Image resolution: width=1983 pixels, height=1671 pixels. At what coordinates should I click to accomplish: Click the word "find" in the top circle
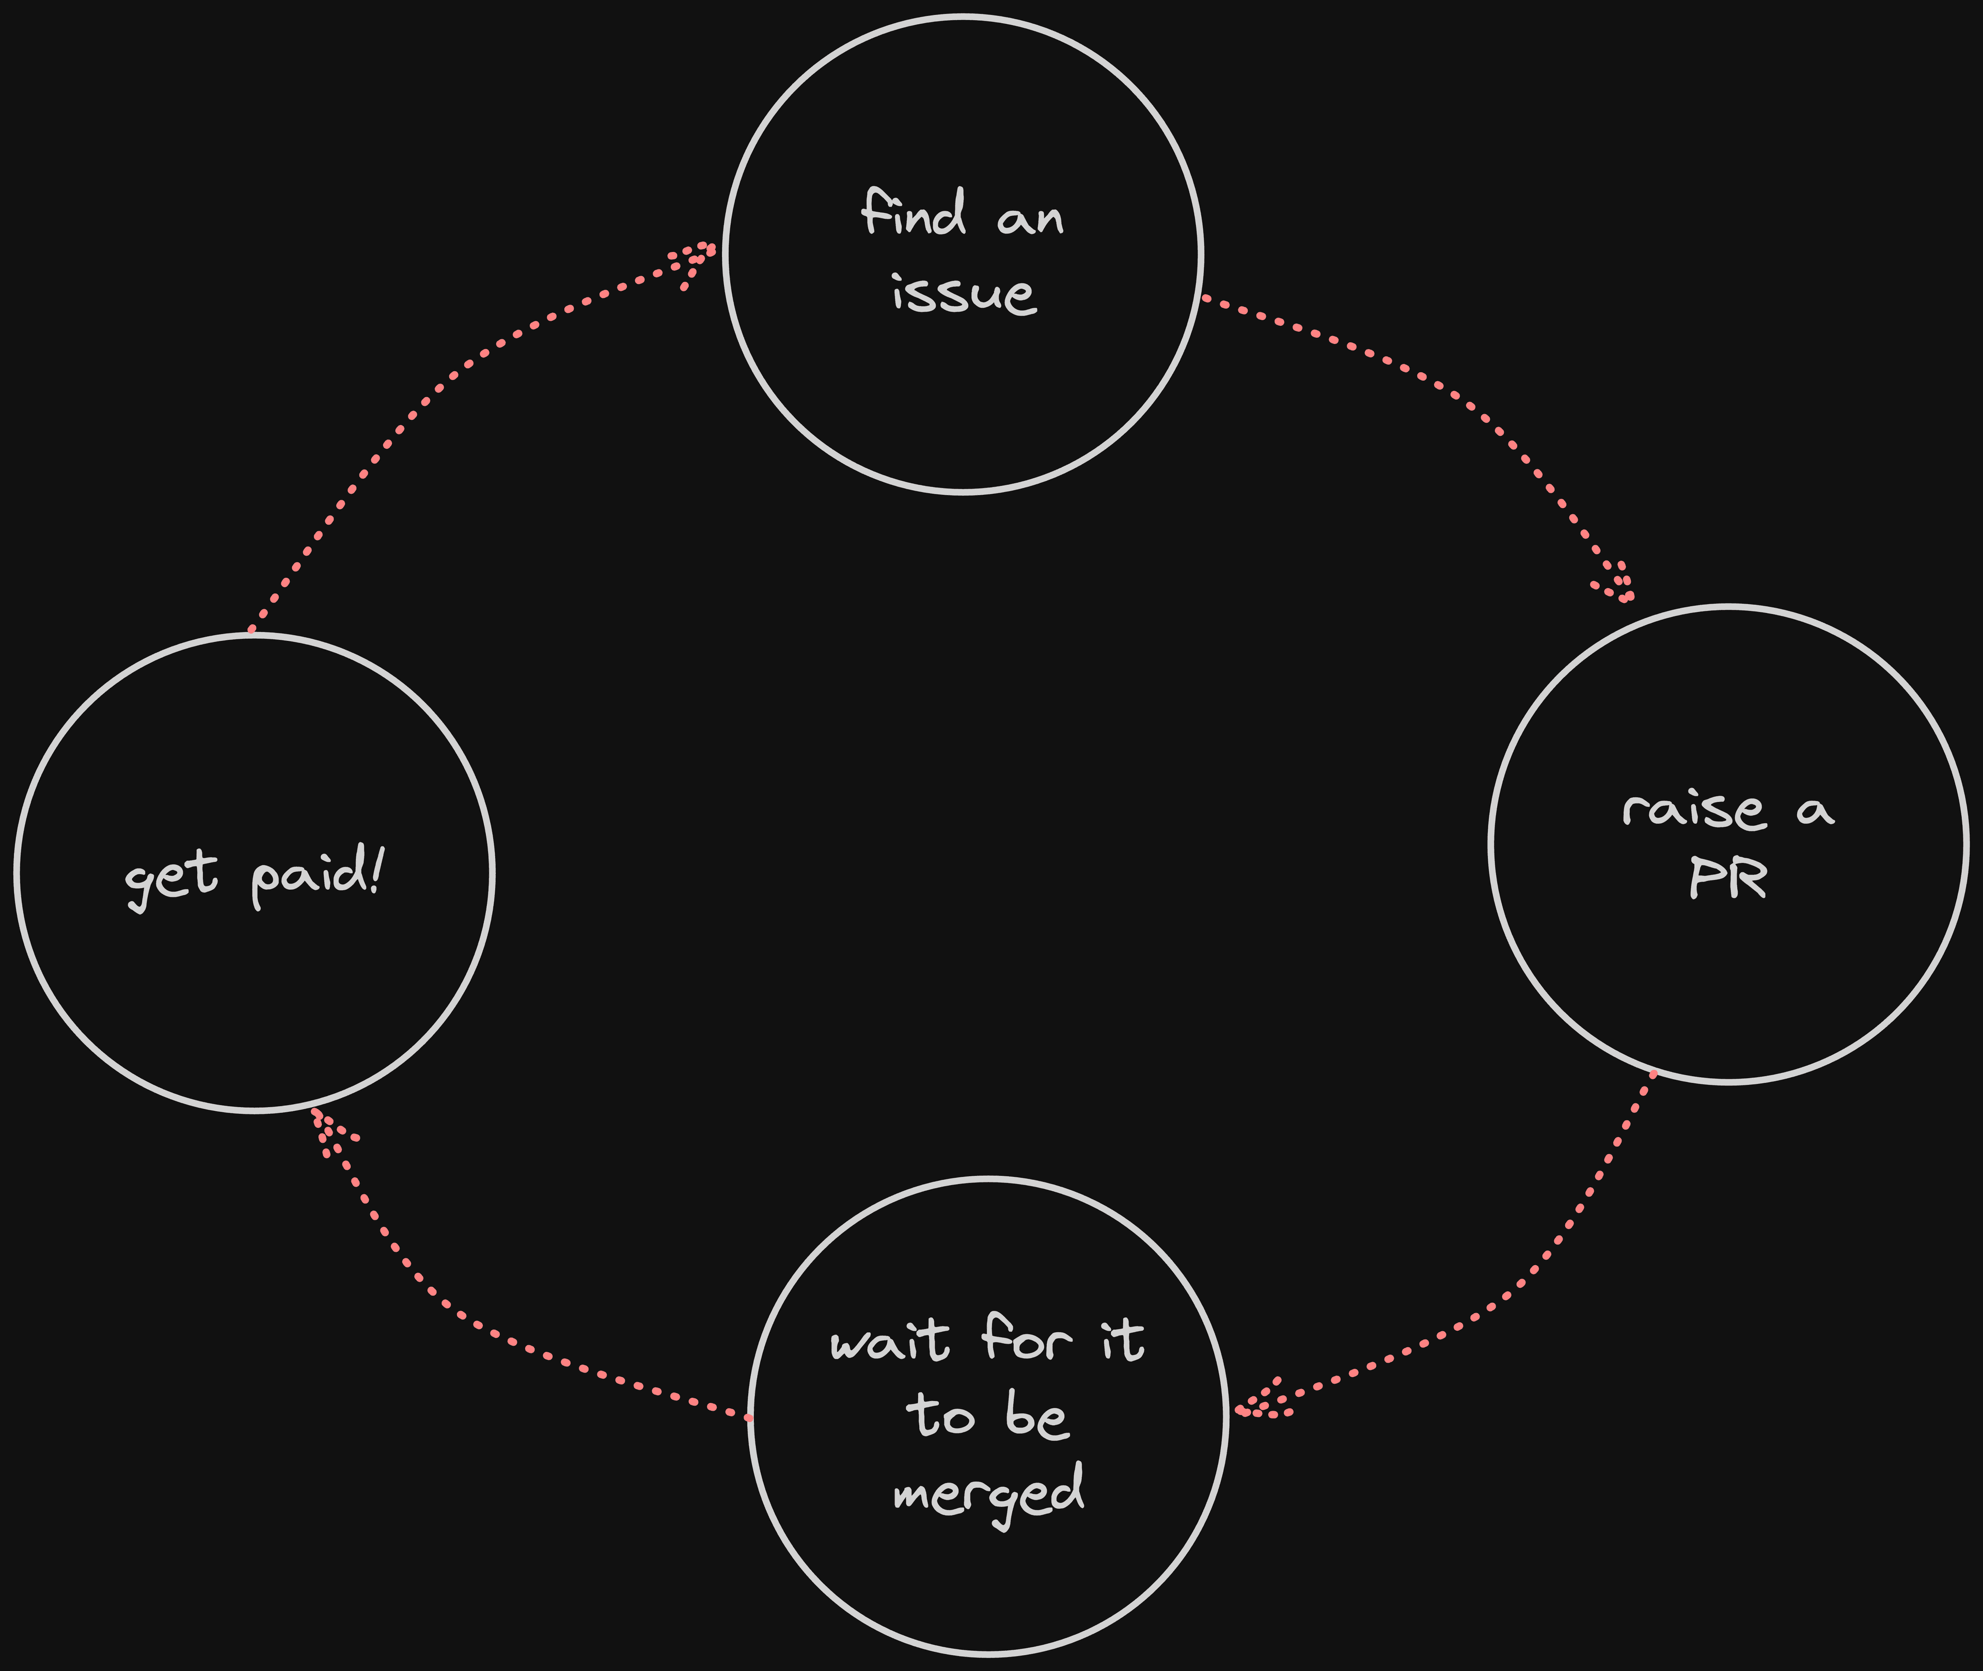pos(914,213)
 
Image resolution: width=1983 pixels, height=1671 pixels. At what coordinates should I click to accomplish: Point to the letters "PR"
pos(1728,879)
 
